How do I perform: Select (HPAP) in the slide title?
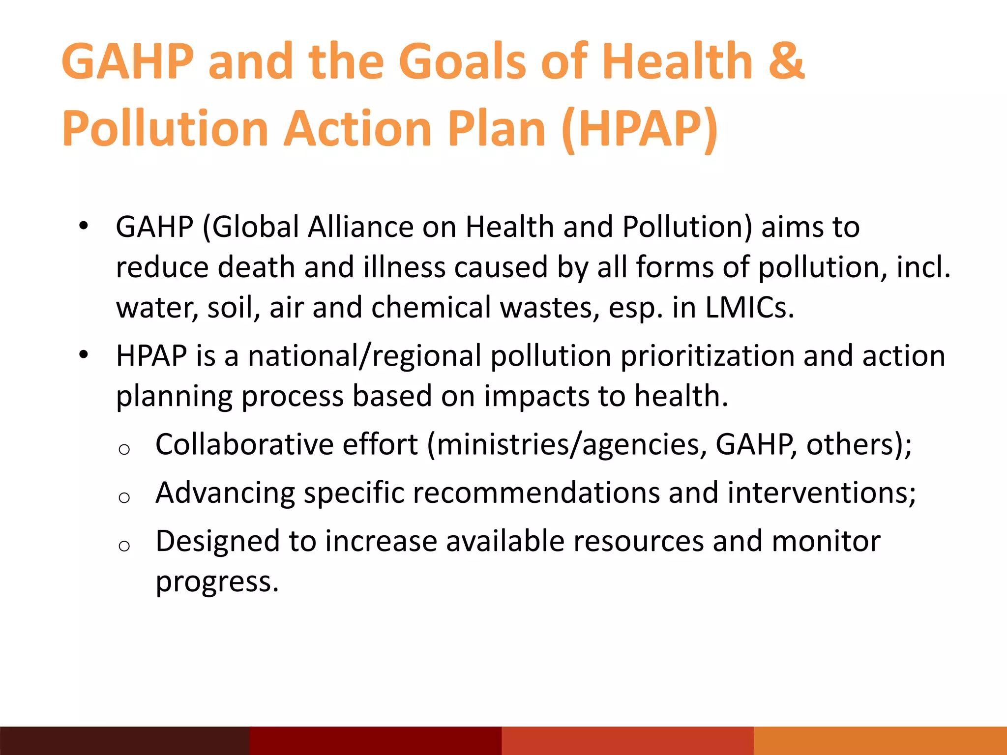[639, 129]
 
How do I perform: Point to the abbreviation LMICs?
[749, 308]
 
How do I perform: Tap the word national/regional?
[364, 356]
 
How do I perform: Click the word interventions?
[821, 493]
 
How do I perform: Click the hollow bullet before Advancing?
[124, 497]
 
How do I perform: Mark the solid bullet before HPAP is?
[84, 354]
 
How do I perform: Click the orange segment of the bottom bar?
[880, 741]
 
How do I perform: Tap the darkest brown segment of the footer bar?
[125, 741]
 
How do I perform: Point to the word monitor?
[826, 542]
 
